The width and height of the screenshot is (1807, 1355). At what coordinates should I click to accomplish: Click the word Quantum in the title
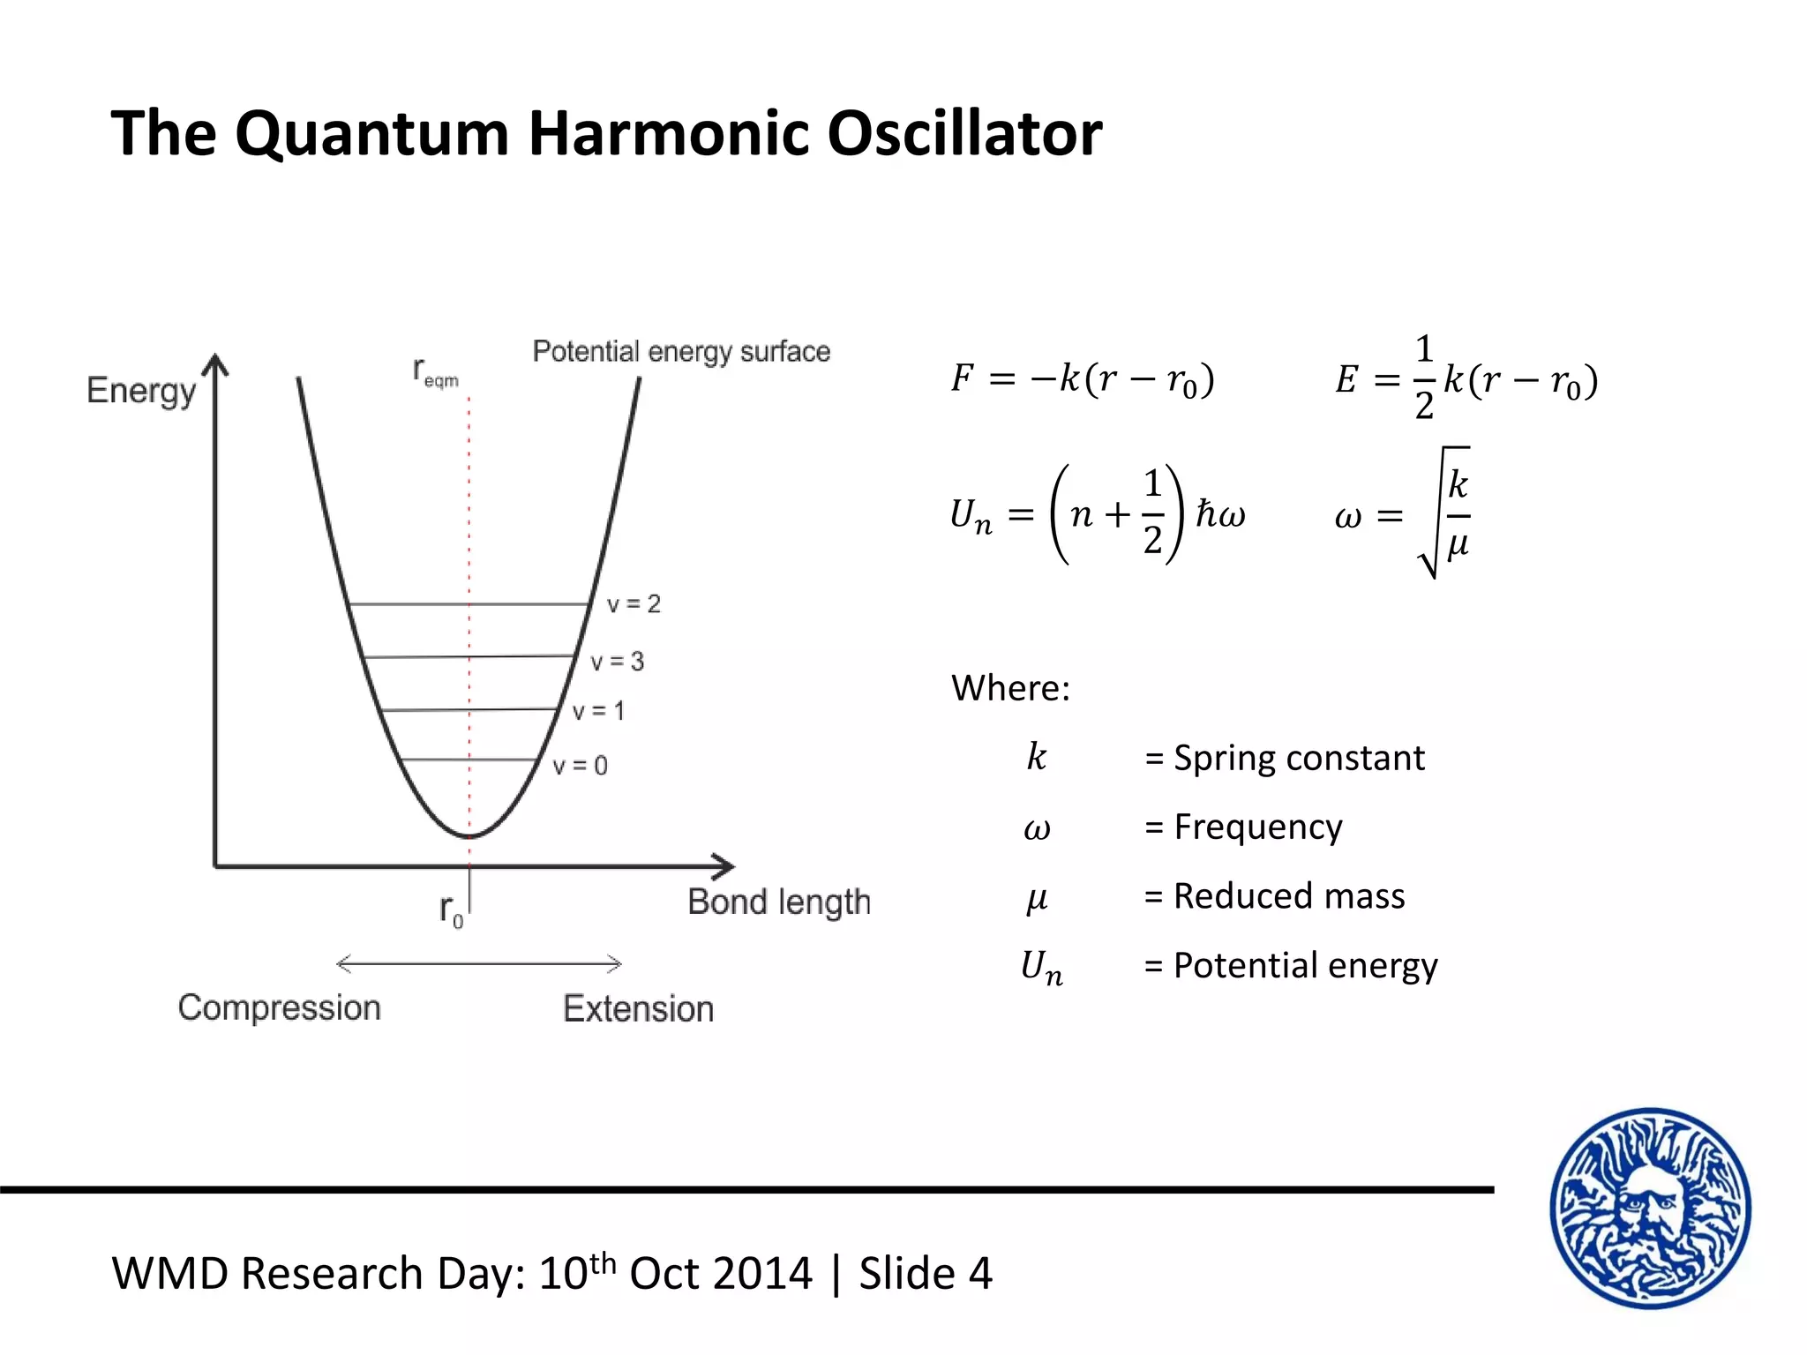371,134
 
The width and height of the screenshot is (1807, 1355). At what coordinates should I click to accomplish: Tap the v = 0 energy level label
580,765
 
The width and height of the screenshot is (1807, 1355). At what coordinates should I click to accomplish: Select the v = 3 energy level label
617,662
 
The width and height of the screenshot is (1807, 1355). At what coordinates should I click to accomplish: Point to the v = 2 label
634,604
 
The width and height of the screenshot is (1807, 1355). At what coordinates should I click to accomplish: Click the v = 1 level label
598,711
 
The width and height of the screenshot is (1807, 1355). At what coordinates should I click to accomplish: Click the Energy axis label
141,390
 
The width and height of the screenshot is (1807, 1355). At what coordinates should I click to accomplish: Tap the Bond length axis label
779,902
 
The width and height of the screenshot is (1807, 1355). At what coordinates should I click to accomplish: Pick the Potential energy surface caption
681,351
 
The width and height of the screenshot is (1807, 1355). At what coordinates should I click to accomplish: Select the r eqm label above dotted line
435,372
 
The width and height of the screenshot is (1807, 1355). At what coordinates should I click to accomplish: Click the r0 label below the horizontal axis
451,910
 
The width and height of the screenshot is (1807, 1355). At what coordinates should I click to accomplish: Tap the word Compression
279,1007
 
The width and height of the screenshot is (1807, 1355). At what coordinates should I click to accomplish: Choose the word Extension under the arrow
638,1008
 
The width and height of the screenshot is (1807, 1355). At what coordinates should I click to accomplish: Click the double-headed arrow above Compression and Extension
479,964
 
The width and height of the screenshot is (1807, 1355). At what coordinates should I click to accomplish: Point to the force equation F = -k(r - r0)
1083,379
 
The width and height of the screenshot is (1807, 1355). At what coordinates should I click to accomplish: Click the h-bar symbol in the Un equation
1206,513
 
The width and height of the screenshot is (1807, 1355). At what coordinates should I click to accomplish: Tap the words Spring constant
1299,758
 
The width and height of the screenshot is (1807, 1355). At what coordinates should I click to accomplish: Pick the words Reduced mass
1289,896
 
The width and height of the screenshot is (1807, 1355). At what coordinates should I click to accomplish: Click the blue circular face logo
1651,1208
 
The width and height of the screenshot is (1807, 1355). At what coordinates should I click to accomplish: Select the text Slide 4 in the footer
926,1274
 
